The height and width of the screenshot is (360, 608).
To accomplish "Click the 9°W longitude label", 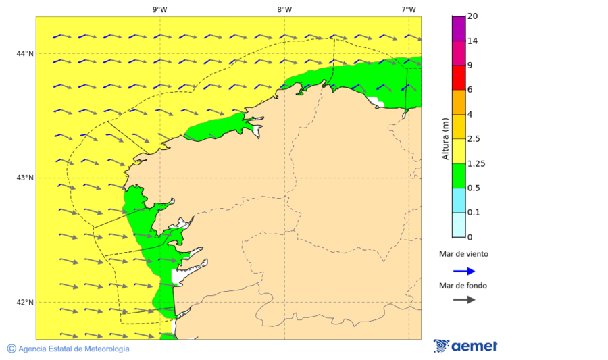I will (160, 9).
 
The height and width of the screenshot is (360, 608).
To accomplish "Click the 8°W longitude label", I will (284, 9).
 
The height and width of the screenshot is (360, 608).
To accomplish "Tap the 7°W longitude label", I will (408, 9).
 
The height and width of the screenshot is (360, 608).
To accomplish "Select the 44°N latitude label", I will (25, 53).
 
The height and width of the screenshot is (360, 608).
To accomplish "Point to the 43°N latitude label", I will (25, 178).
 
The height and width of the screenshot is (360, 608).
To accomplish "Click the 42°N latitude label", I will (25, 302).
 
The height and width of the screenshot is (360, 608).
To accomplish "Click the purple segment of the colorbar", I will (459, 28).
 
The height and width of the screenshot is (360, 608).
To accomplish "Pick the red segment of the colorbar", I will (459, 77).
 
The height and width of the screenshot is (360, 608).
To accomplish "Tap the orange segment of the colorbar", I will (459, 102).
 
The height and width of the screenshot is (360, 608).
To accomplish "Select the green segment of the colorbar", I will (459, 176).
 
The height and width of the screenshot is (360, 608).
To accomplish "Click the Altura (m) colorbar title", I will (445, 138).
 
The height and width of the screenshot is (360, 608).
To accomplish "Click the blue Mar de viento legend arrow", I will (463, 271).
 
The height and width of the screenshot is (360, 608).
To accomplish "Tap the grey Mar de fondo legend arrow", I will (463, 299).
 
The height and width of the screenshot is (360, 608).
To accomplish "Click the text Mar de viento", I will (463, 255).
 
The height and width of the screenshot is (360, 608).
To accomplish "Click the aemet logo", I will (465, 346).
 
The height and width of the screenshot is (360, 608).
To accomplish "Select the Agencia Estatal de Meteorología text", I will (74, 349).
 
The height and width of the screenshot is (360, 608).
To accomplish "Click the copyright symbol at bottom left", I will (11, 349).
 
